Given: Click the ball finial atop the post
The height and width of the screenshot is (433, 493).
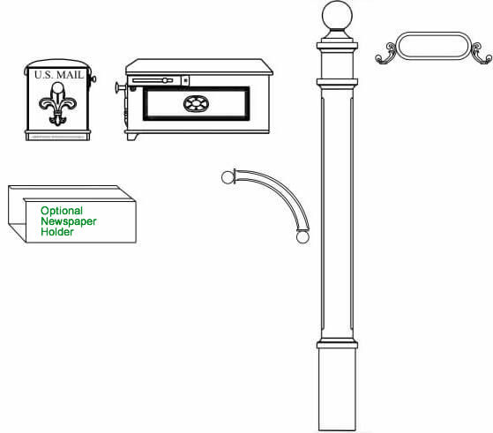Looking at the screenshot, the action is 337,16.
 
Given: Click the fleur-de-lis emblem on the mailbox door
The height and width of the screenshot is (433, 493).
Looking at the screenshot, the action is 58,104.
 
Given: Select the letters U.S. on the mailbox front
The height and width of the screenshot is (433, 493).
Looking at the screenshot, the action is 44,75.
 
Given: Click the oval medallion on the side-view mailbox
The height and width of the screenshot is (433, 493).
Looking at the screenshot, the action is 196,104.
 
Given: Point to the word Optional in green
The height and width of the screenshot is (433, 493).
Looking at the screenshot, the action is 62,211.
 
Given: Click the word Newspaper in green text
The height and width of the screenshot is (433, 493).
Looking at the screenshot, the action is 69,221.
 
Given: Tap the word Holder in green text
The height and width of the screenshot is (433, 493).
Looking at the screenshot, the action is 57,232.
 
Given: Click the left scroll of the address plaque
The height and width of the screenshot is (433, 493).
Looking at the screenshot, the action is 385,54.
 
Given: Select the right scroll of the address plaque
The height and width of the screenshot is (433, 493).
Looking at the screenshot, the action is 482,54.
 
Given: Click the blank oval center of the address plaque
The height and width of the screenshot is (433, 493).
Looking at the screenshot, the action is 434,46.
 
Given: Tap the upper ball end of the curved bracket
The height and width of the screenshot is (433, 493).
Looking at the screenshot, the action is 228,177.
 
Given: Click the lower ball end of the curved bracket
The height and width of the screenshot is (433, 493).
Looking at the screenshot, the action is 303,236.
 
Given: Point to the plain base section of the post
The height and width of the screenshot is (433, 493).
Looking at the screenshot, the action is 337,389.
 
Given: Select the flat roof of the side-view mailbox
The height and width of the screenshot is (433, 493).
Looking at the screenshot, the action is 199,67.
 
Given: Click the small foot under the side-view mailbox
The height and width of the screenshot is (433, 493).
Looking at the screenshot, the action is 132,137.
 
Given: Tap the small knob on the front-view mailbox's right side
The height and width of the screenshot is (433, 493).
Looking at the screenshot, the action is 93,78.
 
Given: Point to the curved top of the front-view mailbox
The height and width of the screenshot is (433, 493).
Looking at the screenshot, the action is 57,63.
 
